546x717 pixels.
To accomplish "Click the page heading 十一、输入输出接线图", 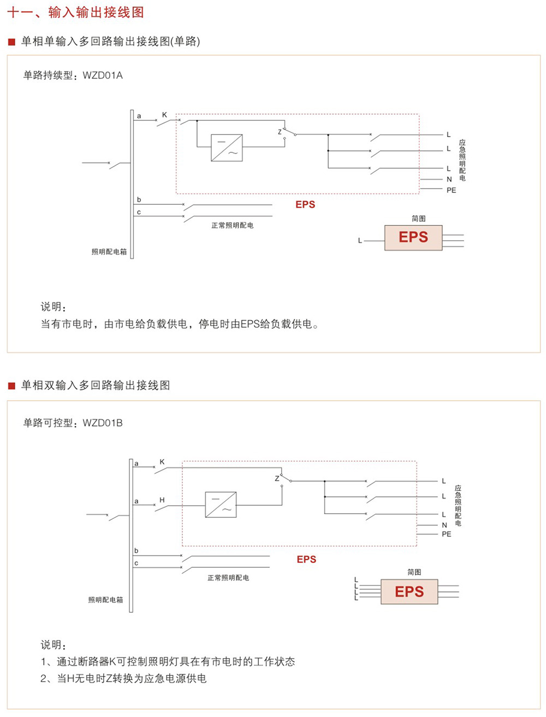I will pyautogui.click(x=75, y=12).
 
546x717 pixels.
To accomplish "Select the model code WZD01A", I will pyautogui.click(x=103, y=75).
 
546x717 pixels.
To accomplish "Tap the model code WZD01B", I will pyautogui.click(x=103, y=423).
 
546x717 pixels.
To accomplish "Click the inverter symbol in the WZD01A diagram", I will pyautogui.click(x=227, y=147).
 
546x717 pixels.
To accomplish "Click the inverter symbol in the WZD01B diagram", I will pyautogui.click(x=221, y=505).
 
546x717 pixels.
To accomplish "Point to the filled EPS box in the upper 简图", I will pyautogui.click(x=413, y=238).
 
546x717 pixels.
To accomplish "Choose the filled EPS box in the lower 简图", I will pyautogui.click(x=409, y=592).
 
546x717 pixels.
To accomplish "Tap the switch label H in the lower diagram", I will pyautogui.click(x=162, y=500).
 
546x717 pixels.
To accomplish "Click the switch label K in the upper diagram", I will pyautogui.click(x=164, y=115).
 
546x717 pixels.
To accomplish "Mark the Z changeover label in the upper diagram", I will pyautogui.click(x=280, y=132).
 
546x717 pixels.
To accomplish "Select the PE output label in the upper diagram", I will pyautogui.click(x=451, y=190).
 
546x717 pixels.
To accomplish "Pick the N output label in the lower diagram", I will pyautogui.click(x=444, y=525).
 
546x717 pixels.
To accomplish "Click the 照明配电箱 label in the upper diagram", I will pyautogui.click(x=109, y=252).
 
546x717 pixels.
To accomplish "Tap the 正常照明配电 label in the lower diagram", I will pyautogui.click(x=228, y=578).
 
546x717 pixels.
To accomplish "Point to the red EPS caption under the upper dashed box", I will pyautogui.click(x=305, y=205).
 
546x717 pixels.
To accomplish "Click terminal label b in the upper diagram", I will pyautogui.click(x=139, y=200).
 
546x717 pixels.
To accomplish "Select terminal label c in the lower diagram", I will pyautogui.click(x=136, y=563).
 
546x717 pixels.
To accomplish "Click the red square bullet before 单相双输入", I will pyautogui.click(x=11, y=386).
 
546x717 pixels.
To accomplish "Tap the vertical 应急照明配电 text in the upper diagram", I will pyautogui.click(x=462, y=160).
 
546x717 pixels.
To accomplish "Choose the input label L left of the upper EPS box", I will pyautogui.click(x=360, y=241).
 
